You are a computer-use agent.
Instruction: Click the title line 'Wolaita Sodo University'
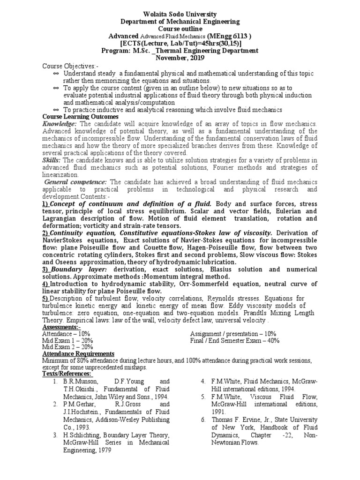[180, 15]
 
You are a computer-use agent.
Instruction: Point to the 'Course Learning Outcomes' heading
[81, 116]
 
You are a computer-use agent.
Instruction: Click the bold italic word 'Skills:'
[52, 160]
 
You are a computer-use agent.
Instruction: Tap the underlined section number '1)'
[46, 203]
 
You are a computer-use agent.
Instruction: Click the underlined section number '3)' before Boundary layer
[46, 270]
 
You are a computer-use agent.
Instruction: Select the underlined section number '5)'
[45, 299]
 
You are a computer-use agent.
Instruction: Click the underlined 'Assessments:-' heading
[61, 327]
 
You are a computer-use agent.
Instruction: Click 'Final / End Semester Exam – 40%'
[235, 340]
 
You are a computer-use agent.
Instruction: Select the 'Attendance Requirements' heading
[78, 353]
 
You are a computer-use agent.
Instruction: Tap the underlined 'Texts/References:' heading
[67, 373]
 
